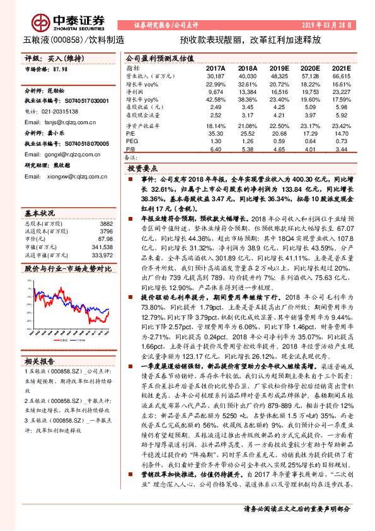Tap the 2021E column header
[x=340, y=67]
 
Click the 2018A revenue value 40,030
[x=248, y=76]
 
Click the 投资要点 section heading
[x=142, y=169]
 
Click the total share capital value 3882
[x=106, y=206]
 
